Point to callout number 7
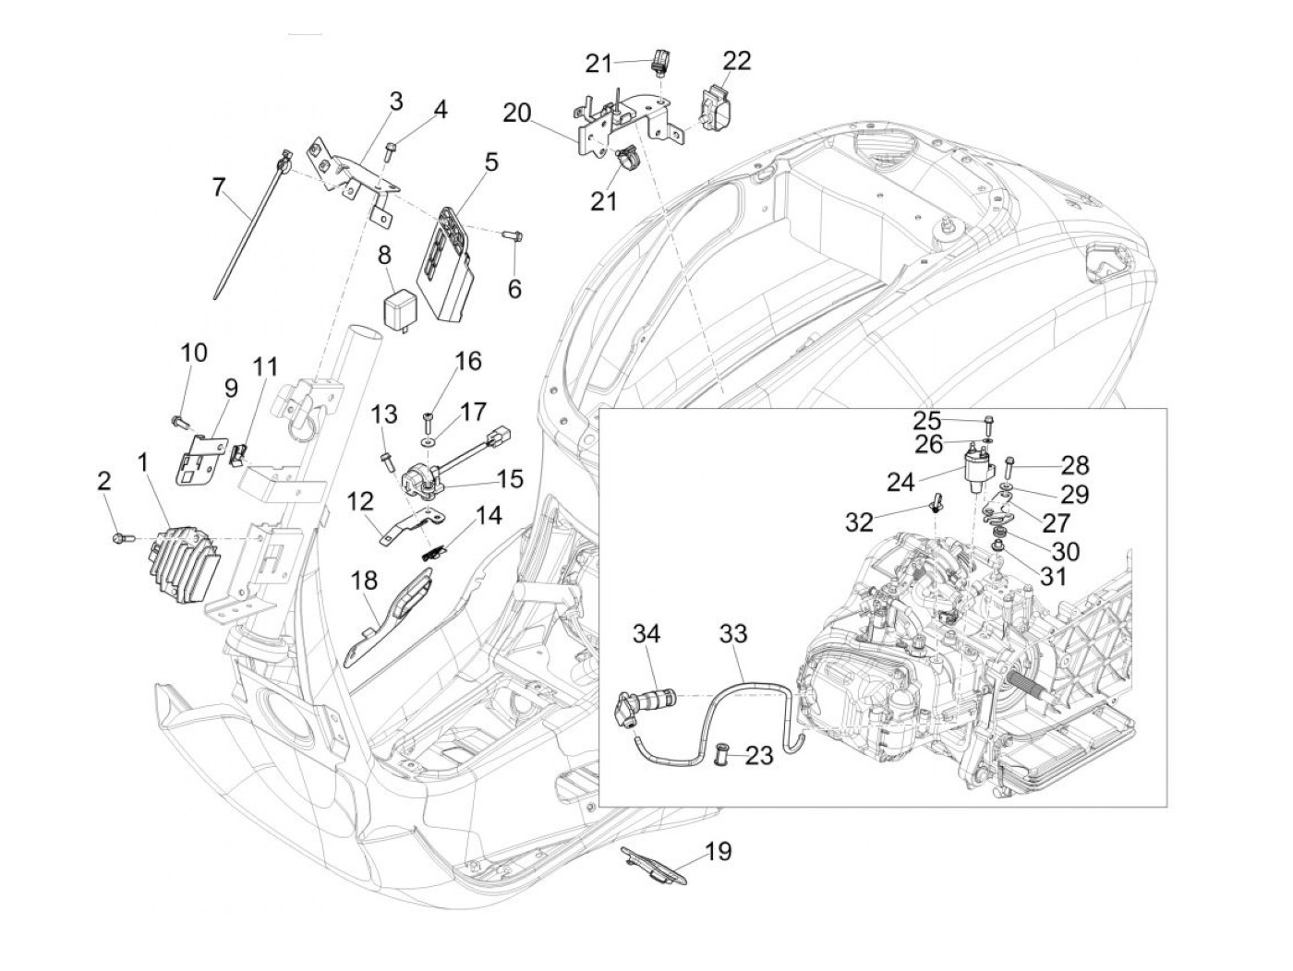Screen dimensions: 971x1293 pyautogui.click(x=218, y=188)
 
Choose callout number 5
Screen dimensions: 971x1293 pyautogui.click(x=490, y=163)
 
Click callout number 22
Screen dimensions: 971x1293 pyautogui.click(x=737, y=61)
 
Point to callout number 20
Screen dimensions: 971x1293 pyautogui.click(x=517, y=114)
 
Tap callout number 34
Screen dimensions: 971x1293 pyautogui.click(x=647, y=634)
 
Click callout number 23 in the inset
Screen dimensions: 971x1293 pyautogui.click(x=759, y=757)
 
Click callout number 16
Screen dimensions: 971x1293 pyautogui.click(x=468, y=361)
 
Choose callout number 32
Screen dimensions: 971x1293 pyautogui.click(x=859, y=522)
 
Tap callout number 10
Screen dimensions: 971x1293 pyautogui.click(x=194, y=354)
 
